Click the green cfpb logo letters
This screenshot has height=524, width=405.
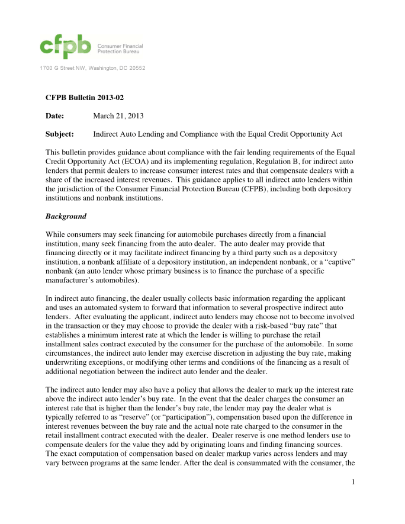(x=65, y=45)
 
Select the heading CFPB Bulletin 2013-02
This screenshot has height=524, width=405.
(x=84, y=97)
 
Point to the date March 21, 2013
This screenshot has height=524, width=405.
(x=118, y=116)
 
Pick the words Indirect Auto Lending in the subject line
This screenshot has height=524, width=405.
(x=130, y=134)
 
